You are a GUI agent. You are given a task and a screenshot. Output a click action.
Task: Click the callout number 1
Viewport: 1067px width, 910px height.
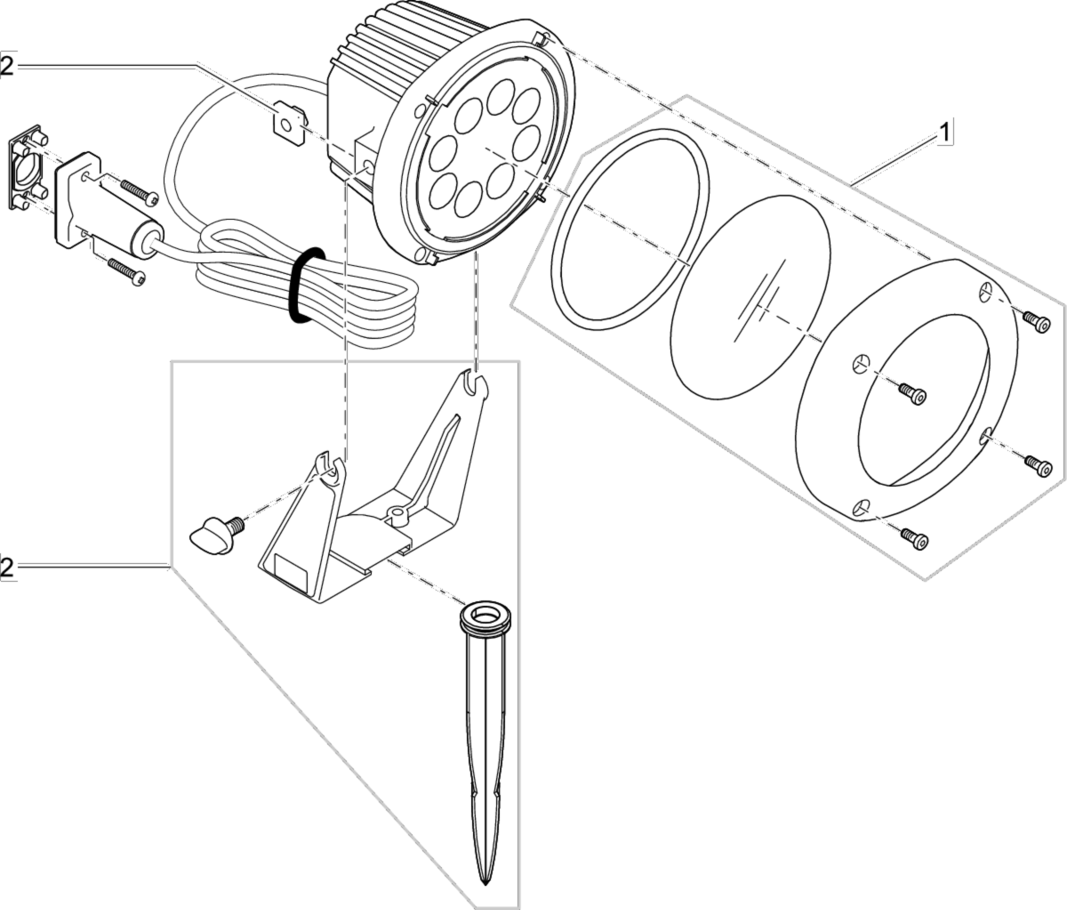point(946,133)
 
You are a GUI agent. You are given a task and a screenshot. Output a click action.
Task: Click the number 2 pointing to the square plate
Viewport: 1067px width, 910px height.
point(7,67)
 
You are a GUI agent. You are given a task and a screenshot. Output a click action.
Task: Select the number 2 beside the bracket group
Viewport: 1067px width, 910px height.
point(7,568)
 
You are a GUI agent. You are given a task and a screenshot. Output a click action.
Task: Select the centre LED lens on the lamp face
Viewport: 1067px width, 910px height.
point(479,146)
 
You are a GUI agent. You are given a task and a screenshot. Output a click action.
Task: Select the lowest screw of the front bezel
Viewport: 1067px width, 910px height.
point(913,537)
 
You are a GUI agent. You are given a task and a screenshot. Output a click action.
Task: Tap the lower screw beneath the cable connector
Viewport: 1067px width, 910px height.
point(126,270)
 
